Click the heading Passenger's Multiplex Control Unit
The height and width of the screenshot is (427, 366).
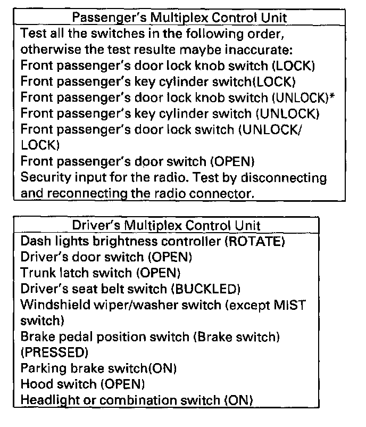pos(179,18)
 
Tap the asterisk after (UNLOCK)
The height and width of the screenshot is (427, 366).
pos(338,97)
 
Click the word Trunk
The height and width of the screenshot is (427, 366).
pos(37,273)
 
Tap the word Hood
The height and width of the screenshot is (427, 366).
pos(34,383)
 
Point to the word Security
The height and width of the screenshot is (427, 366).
pos(43,177)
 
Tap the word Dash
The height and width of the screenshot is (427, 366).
pos(34,241)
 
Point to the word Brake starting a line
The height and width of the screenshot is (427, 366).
pos(35,336)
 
